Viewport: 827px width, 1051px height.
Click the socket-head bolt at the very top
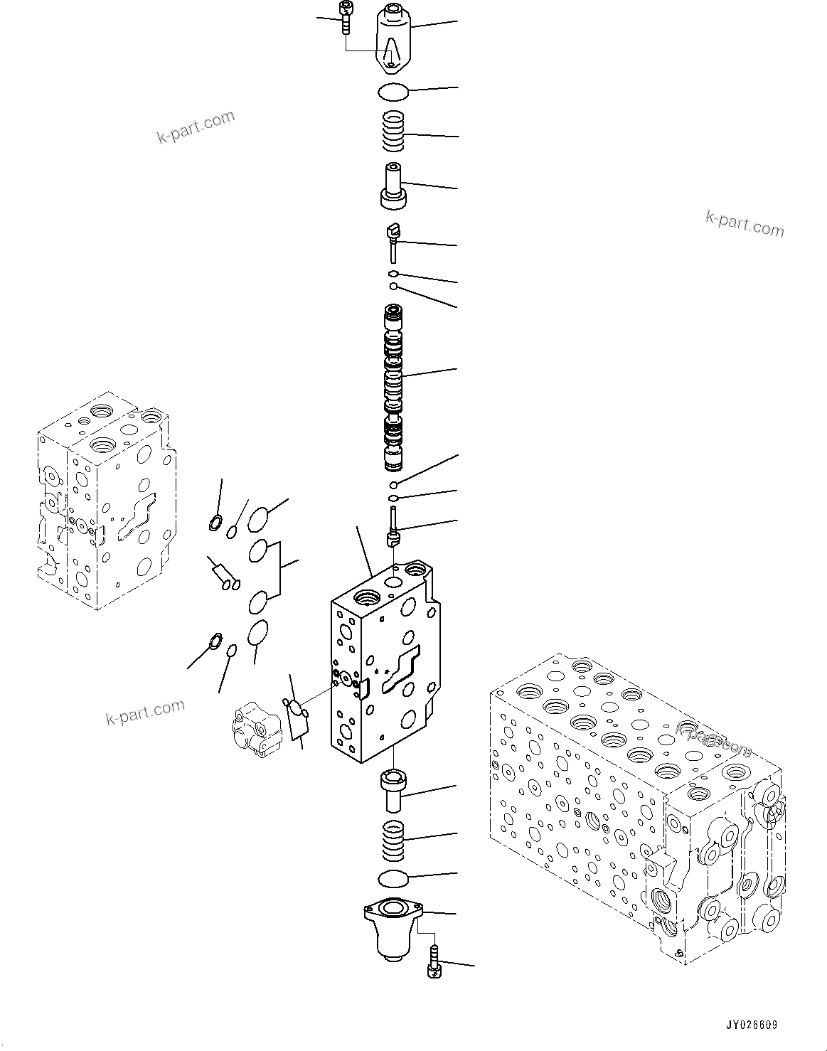pos(346,16)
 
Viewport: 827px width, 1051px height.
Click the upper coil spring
pos(393,132)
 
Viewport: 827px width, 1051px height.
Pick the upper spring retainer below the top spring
pos(393,186)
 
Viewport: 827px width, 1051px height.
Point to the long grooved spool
pos(393,388)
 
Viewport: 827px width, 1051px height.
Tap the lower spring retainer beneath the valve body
pos(393,790)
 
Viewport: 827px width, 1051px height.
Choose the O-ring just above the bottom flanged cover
pos(393,878)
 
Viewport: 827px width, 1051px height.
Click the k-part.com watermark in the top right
pos(745,223)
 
